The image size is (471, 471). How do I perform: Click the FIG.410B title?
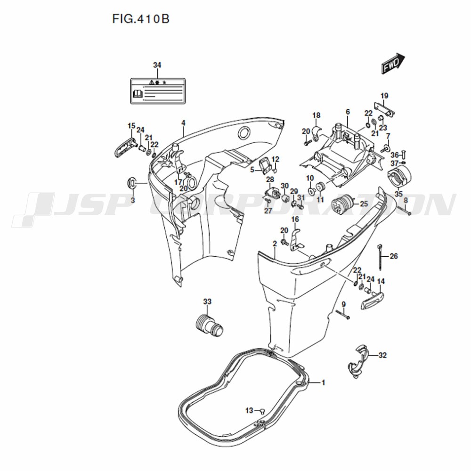(141, 19)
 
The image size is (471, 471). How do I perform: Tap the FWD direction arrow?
(393, 63)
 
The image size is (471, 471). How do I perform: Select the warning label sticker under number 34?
(158, 91)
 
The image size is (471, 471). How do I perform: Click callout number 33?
(207, 301)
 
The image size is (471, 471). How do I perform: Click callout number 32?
(382, 355)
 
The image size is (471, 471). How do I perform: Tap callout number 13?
(249, 410)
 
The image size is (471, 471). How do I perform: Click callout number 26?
(394, 256)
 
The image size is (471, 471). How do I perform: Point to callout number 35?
(398, 194)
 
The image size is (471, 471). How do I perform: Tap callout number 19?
(384, 96)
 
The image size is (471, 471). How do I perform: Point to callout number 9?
(344, 304)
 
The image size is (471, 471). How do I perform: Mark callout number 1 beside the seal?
(323, 382)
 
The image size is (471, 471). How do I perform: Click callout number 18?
(317, 115)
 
